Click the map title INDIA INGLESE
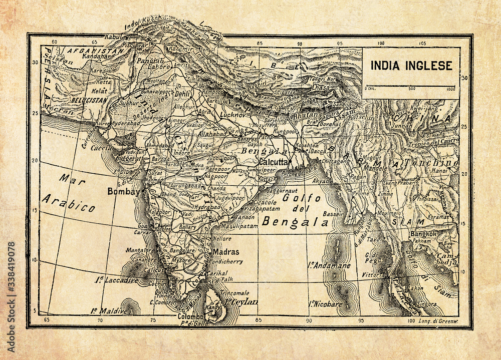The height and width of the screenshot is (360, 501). coord(411,66)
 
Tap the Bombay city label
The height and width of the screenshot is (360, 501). coord(123,191)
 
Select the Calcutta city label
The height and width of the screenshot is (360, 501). coord(274,162)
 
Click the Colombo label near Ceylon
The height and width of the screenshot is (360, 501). coord(191,317)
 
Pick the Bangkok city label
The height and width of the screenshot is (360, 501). coord(423,234)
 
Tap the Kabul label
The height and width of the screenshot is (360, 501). coord(113,37)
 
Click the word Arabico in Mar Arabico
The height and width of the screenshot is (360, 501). coord(68,203)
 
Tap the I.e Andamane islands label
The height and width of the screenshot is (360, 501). coord(329,265)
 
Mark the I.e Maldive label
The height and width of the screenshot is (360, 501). coord(109,311)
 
